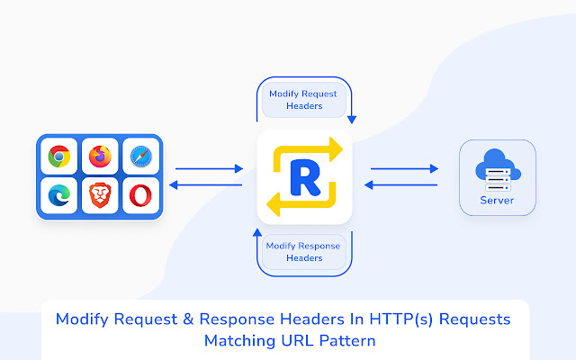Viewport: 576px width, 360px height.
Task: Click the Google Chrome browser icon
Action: click(59, 157)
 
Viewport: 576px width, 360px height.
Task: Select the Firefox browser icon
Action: click(100, 157)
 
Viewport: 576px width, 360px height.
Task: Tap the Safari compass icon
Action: click(140, 157)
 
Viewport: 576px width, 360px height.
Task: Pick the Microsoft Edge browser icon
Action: click(59, 195)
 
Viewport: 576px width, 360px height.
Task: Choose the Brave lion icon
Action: click(100, 195)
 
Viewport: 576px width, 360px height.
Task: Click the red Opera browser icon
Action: click(140, 195)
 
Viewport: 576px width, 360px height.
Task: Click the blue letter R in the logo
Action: click(303, 177)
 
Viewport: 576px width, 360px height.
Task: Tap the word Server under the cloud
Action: click(497, 200)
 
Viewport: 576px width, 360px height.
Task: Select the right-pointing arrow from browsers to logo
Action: click(209, 168)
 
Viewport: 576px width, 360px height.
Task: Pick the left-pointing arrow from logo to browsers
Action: click(209, 185)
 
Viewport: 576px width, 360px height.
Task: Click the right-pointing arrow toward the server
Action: click(402, 168)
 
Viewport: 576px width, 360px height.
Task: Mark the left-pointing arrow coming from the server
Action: click(402, 185)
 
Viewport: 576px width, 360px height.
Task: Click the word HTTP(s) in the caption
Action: click(391, 319)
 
